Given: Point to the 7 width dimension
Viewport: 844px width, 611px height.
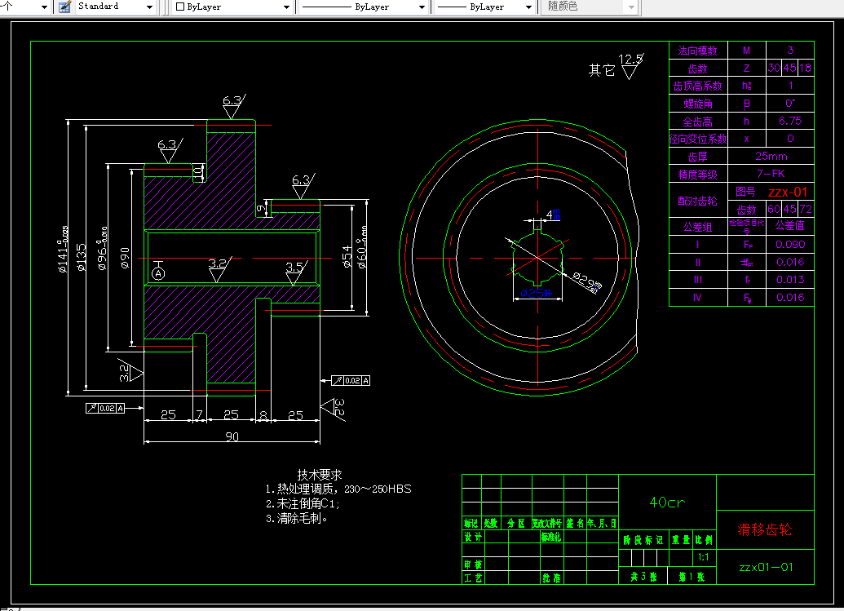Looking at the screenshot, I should pos(198,415).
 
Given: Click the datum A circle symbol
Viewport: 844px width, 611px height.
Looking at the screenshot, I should pos(157,272).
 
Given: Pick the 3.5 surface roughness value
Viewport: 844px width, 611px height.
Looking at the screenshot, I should pos(295,266).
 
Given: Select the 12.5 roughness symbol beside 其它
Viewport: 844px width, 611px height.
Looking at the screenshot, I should pos(630,60).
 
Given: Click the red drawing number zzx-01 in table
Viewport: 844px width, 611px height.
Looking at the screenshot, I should pos(788,193).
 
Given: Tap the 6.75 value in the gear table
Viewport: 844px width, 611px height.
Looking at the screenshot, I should pos(790,121).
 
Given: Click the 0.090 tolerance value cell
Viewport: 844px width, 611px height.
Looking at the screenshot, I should pos(790,244).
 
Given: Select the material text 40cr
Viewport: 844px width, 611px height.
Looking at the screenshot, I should pos(667,503).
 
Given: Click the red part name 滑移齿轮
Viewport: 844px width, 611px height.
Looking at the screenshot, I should pos(765,529).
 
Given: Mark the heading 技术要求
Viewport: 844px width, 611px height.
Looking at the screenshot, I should pos(320,474).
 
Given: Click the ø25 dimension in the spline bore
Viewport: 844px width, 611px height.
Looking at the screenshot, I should pos(537,292).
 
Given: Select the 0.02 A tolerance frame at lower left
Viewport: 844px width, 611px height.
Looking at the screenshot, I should pos(105,407).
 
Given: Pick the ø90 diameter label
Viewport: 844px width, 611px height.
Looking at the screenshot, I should pos(125,257).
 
